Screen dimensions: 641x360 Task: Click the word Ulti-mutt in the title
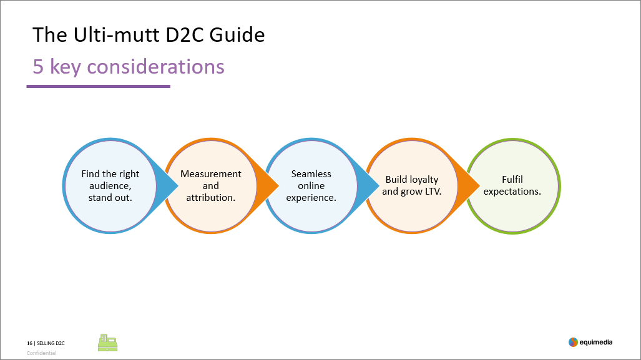117,35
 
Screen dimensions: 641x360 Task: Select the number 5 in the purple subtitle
38,67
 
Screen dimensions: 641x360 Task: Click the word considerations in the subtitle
156,67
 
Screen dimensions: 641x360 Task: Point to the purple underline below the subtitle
99,86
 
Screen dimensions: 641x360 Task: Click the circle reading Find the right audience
110,186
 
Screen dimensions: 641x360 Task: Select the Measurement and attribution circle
211,186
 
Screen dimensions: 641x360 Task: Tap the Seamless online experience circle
311,186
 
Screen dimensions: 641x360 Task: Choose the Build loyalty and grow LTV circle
412,186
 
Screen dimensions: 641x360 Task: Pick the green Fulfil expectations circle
512,186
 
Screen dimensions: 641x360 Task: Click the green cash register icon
107,343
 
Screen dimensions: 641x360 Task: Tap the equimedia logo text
596,343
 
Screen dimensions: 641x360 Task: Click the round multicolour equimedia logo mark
573,343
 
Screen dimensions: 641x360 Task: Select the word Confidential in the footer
41,353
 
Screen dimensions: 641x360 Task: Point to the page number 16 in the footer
29,343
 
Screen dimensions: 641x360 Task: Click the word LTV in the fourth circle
433,192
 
